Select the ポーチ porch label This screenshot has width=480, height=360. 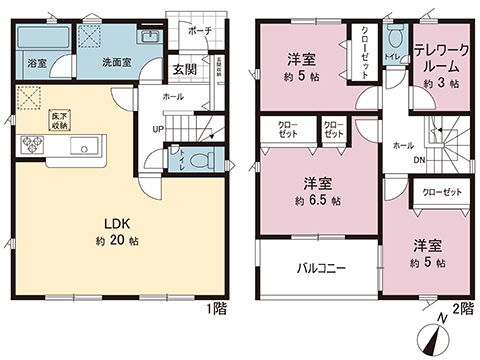tap(198, 30)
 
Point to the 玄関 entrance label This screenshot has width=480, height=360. tap(183, 69)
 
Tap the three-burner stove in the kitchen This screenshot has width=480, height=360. tap(28, 145)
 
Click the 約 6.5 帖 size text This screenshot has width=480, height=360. tap(319, 199)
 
